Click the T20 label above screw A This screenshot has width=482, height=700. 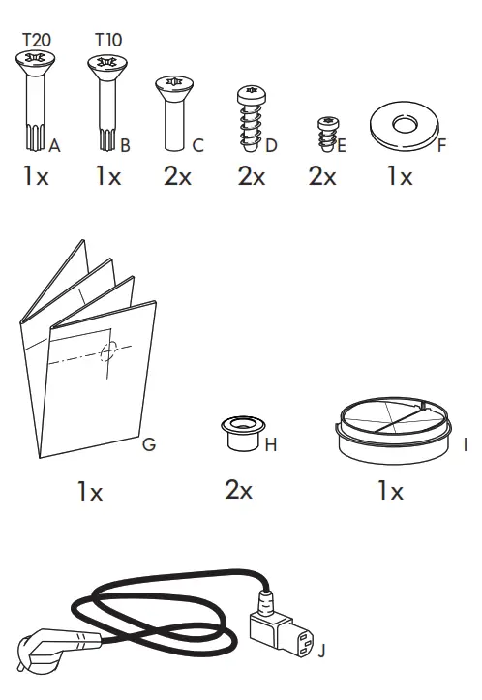point(37,40)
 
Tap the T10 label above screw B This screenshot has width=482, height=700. point(108,40)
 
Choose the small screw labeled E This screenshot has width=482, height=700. point(328,134)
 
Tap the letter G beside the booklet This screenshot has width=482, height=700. point(148,445)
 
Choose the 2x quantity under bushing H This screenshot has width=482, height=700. point(238,490)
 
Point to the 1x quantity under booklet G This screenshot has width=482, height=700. point(90,492)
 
